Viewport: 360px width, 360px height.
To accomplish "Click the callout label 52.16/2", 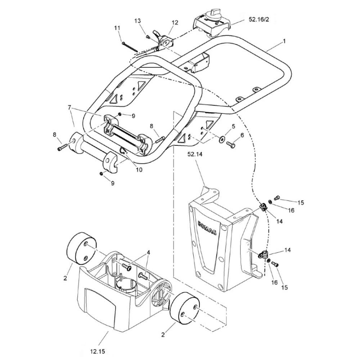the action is [258, 19].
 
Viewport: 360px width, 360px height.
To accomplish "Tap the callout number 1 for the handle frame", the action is [284, 41].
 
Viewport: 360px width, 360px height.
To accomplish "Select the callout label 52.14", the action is [195, 154].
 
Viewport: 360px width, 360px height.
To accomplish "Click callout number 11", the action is [117, 28].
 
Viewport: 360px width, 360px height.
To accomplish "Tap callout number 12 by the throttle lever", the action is [175, 22].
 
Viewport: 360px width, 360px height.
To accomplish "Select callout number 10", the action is [139, 170].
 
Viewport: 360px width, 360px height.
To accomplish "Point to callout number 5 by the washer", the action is [233, 126].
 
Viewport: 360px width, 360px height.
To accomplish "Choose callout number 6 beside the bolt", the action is [242, 135].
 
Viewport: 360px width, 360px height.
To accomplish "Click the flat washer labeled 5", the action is [222, 139].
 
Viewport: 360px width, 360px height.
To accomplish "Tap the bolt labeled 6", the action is [230, 144].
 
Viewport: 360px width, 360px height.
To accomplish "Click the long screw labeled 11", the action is [130, 47].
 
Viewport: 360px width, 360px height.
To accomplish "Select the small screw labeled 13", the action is [148, 36].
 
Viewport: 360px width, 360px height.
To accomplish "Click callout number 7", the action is [69, 107].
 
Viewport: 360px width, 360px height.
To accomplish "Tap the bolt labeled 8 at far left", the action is [62, 147].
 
